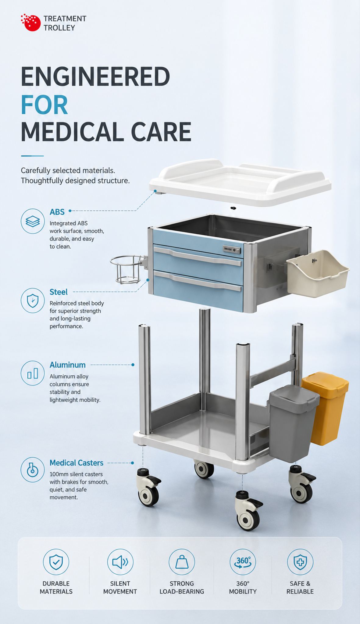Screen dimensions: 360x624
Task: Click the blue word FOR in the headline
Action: (x=44, y=105)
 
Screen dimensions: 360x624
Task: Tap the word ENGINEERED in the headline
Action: (x=95, y=77)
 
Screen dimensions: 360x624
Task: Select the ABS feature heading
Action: (x=57, y=211)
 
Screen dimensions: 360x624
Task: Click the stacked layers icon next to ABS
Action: (x=33, y=221)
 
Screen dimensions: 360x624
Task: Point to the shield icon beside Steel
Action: (x=33, y=300)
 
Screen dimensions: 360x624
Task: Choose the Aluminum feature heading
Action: (x=67, y=365)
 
